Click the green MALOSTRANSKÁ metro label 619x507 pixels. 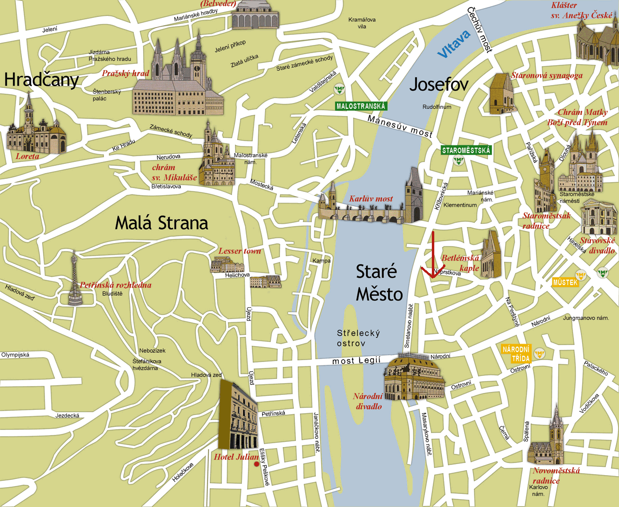(361, 106)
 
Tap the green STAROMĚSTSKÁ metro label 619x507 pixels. (466, 150)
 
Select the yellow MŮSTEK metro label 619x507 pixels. (565, 282)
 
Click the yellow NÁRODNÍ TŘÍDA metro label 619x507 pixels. (516, 354)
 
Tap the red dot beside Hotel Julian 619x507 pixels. (256, 464)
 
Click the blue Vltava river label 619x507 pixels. (454, 43)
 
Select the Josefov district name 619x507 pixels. (439, 85)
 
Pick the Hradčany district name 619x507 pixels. (41, 80)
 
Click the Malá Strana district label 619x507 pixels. (162, 223)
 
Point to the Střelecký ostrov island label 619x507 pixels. (358, 338)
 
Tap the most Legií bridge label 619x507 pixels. (356, 361)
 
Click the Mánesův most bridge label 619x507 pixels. (400, 126)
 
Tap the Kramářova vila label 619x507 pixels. (362, 23)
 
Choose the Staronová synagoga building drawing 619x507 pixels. (501, 95)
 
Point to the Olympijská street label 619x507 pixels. (15, 355)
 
